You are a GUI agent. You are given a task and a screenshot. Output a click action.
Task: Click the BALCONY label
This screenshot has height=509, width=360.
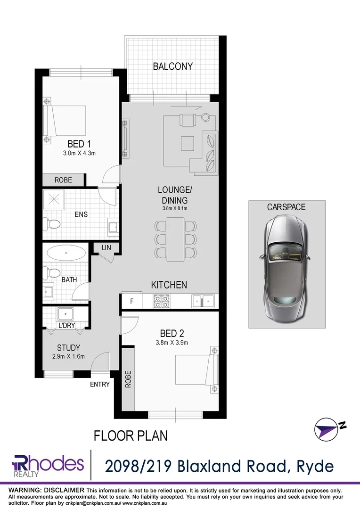(172, 66)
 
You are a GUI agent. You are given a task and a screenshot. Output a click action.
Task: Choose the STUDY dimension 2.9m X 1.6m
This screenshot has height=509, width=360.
(68, 356)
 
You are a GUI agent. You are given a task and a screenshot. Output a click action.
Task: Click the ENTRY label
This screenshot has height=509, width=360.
(100, 385)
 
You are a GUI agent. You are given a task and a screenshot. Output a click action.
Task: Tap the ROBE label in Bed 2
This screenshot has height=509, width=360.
(128, 379)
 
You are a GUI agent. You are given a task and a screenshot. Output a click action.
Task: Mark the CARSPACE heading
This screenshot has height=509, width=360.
(286, 207)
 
